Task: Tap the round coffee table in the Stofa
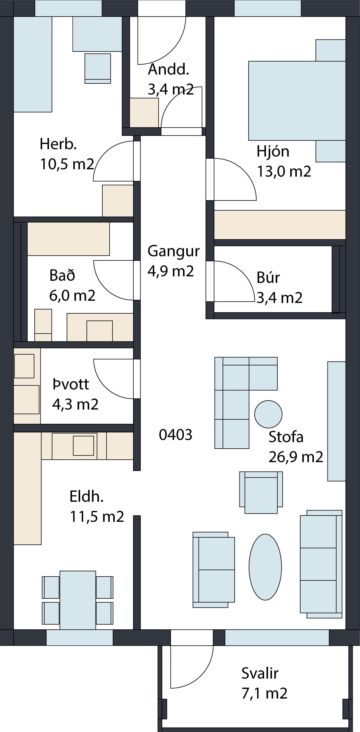coord(268,414)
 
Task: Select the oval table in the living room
coord(265,567)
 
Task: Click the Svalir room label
coord(260,673)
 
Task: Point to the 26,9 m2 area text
coord(296,457)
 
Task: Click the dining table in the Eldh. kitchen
coord(78,600)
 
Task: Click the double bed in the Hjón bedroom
coord(297,101)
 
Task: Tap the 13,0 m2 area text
coord(284,171)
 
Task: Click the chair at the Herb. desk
coord(98,69)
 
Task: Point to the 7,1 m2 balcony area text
coord(265,693)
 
